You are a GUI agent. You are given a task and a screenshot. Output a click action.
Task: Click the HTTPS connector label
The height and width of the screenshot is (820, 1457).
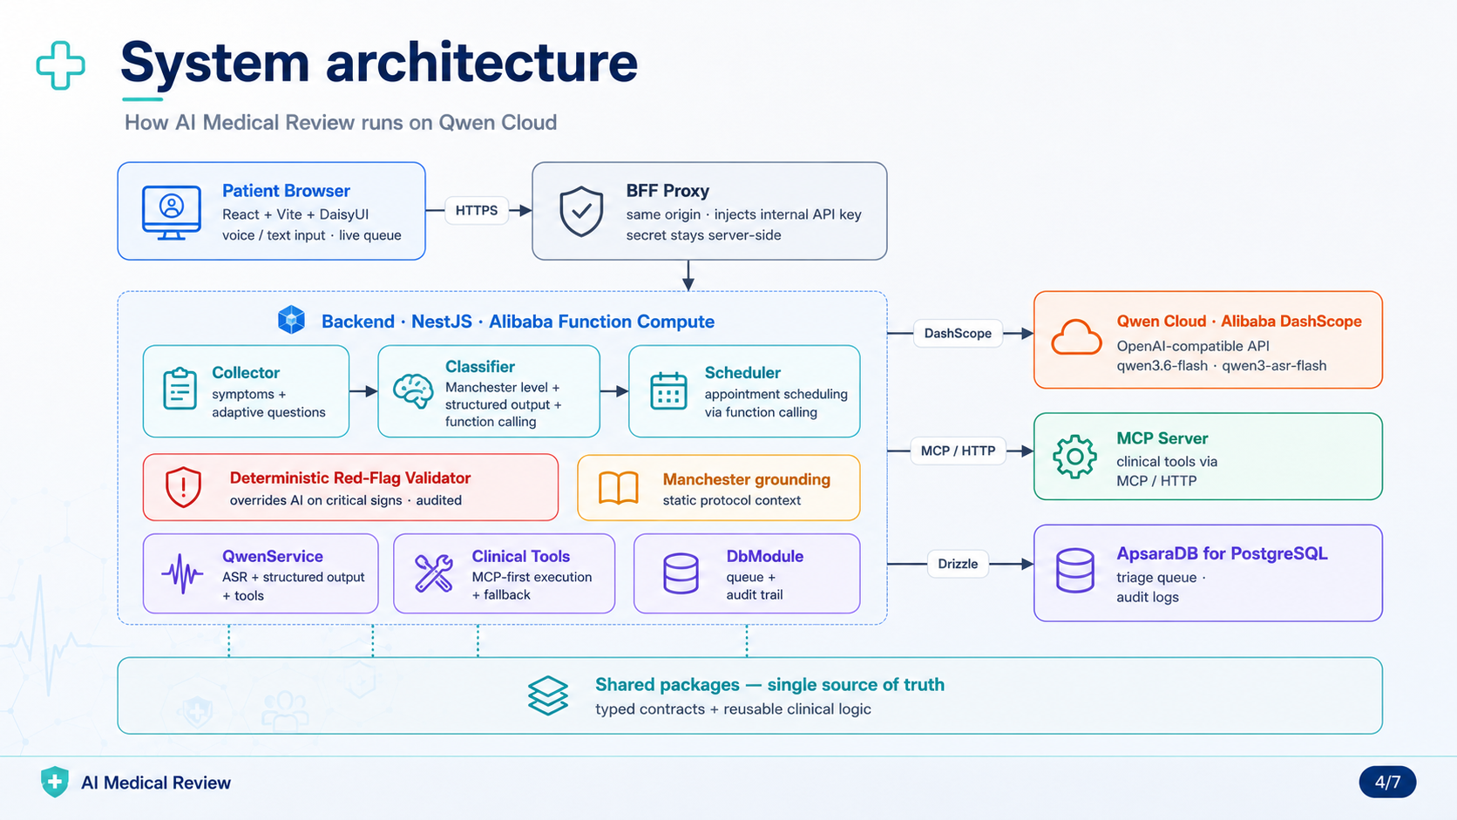tap(476, 211)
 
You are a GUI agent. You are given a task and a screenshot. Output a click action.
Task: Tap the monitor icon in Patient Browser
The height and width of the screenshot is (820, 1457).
tap(172, 213)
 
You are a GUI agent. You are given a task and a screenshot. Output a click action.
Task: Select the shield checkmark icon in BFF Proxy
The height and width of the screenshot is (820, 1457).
tap(581, 212)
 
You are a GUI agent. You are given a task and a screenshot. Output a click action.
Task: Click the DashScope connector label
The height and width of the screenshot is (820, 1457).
tap(958, 334)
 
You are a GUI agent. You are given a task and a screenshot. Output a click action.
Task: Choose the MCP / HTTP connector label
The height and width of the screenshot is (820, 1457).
tap(958, 451)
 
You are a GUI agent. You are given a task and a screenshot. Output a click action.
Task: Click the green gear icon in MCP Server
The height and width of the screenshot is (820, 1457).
tap(1074, 457)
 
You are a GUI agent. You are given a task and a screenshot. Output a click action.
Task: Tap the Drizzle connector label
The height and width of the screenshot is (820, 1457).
tap(958, 564)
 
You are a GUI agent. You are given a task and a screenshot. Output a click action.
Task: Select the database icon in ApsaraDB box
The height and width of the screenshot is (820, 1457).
tap(1074, 570)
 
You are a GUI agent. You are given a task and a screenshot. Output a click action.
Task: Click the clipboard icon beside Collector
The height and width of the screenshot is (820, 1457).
tap(180, 389)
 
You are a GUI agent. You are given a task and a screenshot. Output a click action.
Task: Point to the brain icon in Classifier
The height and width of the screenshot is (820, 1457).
tap(413, 390)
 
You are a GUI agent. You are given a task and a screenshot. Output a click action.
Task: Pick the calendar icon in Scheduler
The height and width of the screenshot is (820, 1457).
tap(668, 390)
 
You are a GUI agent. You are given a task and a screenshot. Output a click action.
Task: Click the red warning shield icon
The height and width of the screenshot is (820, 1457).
tap(183, 487)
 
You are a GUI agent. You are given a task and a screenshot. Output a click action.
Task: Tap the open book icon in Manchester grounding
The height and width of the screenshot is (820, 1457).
tap(618, 488)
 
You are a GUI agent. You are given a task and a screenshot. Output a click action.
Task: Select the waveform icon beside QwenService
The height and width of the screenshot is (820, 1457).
tap(182, 573)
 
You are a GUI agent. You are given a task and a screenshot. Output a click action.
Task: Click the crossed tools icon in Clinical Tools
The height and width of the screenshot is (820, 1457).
tap(434, 573)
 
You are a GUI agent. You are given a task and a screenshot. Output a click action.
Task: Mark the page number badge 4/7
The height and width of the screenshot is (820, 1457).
tap(1387, 782)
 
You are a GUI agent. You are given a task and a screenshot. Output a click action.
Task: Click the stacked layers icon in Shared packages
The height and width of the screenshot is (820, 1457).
tap(547, 695)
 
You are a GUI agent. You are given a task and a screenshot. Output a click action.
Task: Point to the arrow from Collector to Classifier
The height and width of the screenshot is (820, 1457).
tap(363, 391)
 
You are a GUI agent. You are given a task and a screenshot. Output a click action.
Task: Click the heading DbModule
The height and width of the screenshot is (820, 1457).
tap(764, 556)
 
